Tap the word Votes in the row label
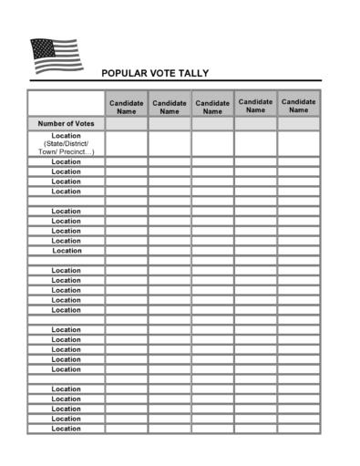coord(84,122)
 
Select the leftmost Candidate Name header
coord(127,107)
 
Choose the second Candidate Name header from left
coord(170,107)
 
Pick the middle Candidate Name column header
coord(212,107)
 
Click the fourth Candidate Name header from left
coord(255,106)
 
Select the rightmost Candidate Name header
coord(298,106)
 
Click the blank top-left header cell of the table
coord(66,103)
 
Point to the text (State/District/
coord(66,144)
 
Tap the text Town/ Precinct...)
coord(66,152)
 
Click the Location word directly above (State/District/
coord(66,135)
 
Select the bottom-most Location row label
coord(66,429)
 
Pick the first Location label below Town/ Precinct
coord(66,162)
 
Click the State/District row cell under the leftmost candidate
coord(127,143)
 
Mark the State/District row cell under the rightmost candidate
coord(298,143)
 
